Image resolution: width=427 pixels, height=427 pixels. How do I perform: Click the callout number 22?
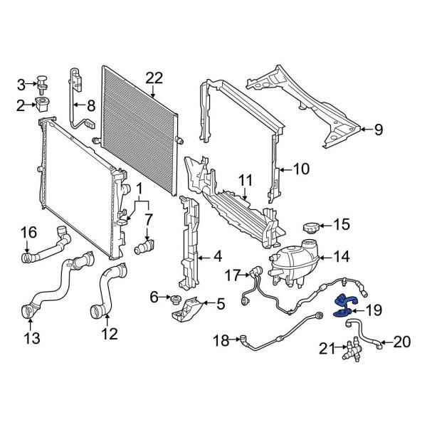point(154,78)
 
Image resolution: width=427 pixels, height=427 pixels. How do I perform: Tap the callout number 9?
point(378,130)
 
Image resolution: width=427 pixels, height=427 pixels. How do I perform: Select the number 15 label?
point(342,225)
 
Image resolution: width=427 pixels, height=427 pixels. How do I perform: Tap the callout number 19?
point(373,310)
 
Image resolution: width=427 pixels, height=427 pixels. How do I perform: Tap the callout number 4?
point(217,255)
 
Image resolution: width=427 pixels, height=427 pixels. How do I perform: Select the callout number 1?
point(139,190)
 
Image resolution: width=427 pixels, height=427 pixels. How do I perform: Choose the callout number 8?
point(91,107)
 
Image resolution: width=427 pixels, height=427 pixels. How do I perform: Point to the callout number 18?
point(222,342)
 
